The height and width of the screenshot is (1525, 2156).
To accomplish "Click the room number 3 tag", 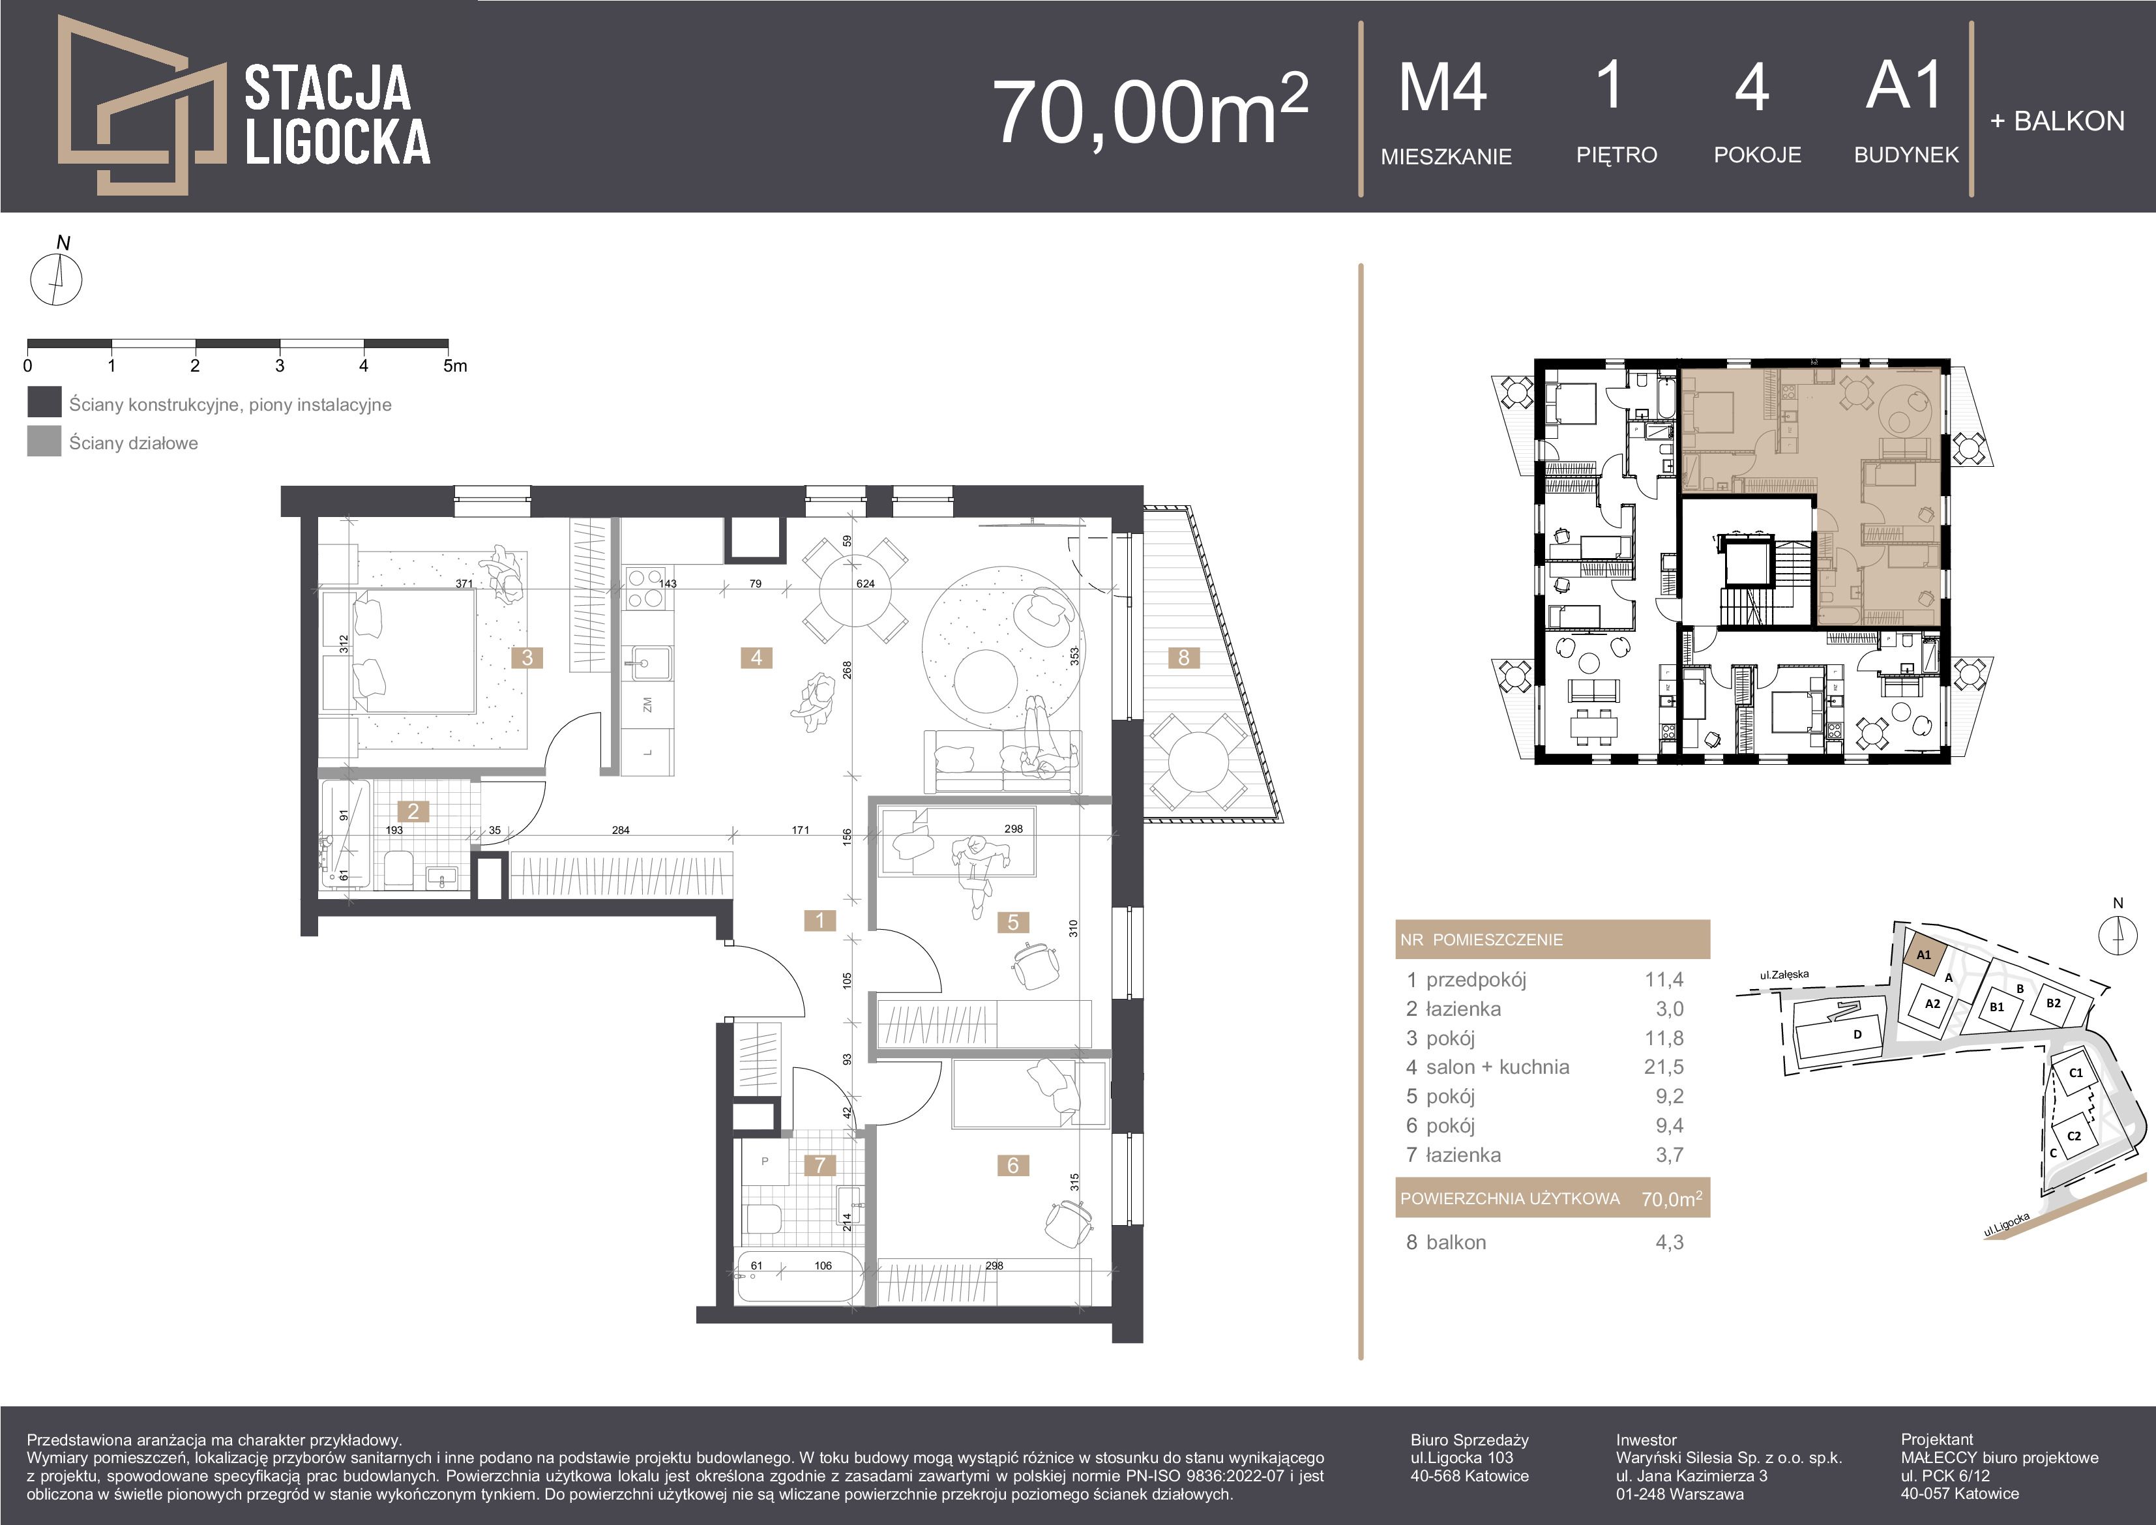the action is [x=527, y=657].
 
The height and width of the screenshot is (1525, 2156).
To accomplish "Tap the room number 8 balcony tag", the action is [x=1183, y=657].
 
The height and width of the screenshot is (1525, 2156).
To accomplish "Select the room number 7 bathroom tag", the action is [x=820, y=1165].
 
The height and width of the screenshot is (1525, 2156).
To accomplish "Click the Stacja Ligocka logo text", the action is [x=337, y=115].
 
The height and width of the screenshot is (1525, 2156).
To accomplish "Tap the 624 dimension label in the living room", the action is [x=865, y=583].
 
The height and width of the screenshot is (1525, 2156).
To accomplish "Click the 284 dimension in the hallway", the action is [x=621, y=830].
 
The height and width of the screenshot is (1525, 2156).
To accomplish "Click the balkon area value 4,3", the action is [x=1670, y=1242].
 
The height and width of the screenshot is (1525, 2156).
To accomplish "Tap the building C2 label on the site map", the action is [x=2075, y=1135].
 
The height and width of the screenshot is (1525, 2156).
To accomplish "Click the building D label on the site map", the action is [x=1857, y=1035].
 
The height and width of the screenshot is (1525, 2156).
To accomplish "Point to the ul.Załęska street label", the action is [x=1784, y=975].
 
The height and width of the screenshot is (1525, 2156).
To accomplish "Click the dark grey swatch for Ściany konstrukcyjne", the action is [x=44, y=403].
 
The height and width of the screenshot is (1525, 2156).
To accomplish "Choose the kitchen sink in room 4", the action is [x=649, y=662].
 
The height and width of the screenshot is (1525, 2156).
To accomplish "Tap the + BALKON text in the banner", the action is [x=2056, y=121].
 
